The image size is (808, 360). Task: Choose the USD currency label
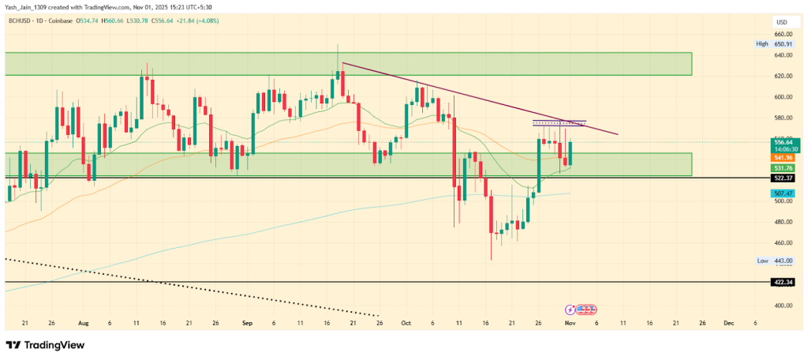tap(780, 21)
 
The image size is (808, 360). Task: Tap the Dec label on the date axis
tap(728, 323)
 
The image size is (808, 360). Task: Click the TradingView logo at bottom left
tap(45, 345)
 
